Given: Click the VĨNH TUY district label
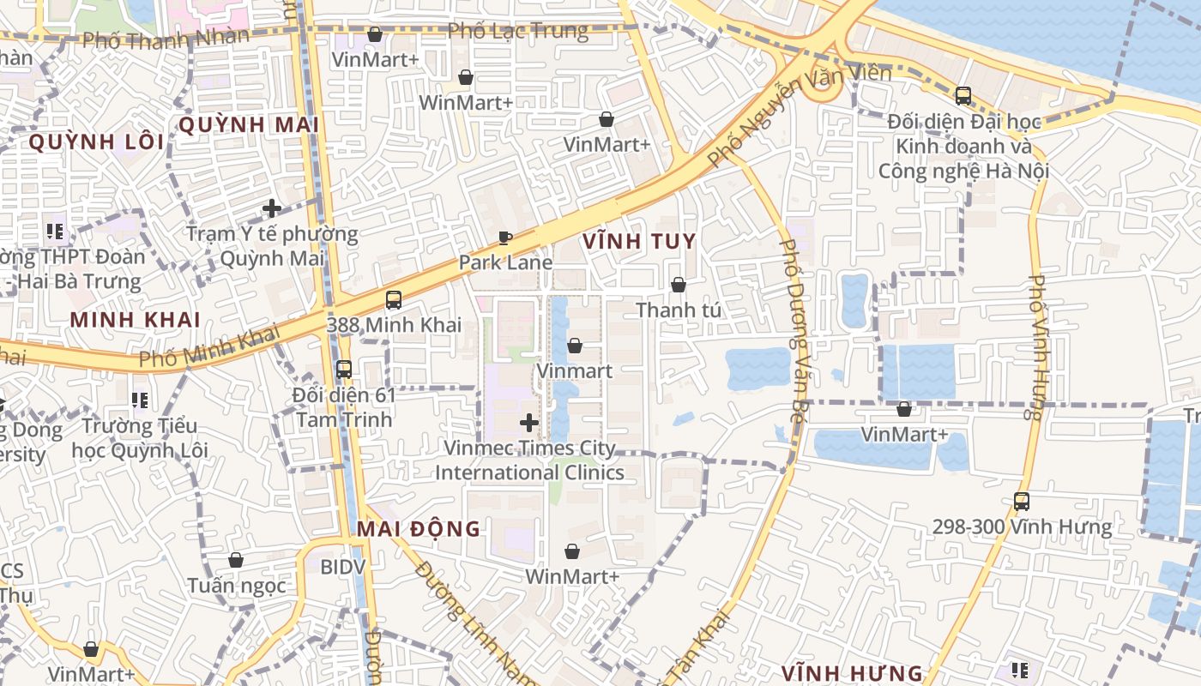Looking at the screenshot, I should [x=638, y=241].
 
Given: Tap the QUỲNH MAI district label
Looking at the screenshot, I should [x=249, y=125].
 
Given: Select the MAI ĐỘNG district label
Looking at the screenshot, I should [x=419, y=528].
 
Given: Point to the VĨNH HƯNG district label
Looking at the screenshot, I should [x=852, y=673].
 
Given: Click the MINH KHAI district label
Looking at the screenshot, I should [x=136, y=320].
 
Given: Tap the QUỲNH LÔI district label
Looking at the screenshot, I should [x=96, y=141].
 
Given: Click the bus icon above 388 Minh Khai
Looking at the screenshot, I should [x=394, y=299].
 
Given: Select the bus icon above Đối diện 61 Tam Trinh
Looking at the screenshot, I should [x=344, y=370].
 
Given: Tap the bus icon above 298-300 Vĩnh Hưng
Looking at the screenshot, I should [x=1022, y=501].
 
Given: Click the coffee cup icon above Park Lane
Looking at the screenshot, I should [x=505, y=238].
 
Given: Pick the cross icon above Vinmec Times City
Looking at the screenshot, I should [x=529, y=422].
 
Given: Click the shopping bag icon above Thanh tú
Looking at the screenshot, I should [x=679, y=284].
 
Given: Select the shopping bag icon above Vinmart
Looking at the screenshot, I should [x=575, y=346].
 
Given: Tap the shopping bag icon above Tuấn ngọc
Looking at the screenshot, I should [x=236, y=560].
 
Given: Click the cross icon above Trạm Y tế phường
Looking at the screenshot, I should [x=272, y=208].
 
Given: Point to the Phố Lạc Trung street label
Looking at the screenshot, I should [x=518, y=32].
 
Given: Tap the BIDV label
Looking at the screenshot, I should [x=342, y=567].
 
